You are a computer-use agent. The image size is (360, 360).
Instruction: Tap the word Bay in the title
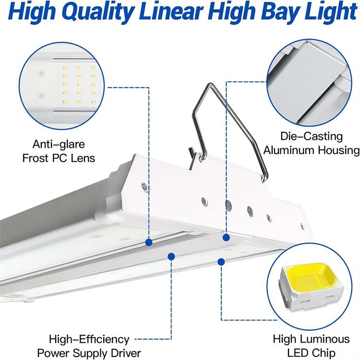pos(273,13)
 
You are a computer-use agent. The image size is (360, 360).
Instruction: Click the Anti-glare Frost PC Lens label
pos(59,151)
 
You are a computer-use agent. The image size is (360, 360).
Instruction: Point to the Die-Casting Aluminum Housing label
pos(311,143)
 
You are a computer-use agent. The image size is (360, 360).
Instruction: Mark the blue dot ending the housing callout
pos(224,236)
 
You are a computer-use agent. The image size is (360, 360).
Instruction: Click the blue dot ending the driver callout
pos(171,256)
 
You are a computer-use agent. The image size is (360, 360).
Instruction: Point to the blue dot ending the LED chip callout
pos(221,262)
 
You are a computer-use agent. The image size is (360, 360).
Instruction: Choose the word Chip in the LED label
pos(324,353)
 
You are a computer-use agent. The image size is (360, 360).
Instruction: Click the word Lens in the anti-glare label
pos(82,158)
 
